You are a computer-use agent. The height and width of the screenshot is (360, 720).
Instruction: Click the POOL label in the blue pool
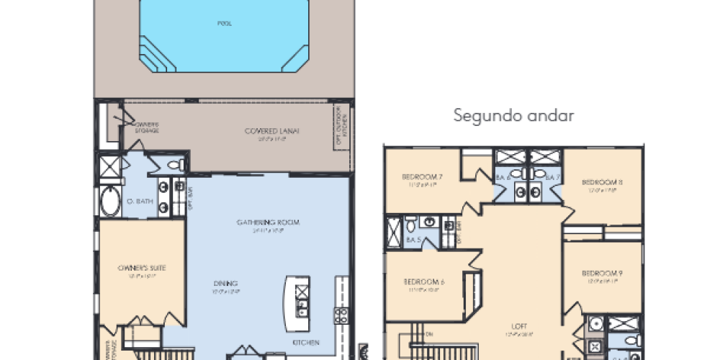[x=225, y=23]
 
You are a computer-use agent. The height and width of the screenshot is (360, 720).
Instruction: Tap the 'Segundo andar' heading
[x=513, y=116]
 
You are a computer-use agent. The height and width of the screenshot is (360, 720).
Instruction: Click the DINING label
[x=225, y=283]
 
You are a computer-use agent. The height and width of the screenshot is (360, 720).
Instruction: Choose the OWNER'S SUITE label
[x=141, y=269]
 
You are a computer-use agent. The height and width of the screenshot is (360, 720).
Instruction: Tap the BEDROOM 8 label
[x=602, y=182]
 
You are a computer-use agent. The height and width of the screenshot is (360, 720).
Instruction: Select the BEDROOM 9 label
[x=600, y=273]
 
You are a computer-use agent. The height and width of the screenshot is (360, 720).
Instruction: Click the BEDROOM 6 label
[x=423, y=282]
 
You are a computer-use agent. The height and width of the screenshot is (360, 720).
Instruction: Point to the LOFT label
[x=520, y=325]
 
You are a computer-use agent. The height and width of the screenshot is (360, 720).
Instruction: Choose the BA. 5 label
[x=413, y=240]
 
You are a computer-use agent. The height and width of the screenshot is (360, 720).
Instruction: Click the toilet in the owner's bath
[x=175, y=166]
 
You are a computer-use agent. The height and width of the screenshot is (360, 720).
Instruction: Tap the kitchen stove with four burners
[x=341, y=314]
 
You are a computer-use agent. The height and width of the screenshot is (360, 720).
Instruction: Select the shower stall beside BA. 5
[x=395, y=232]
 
